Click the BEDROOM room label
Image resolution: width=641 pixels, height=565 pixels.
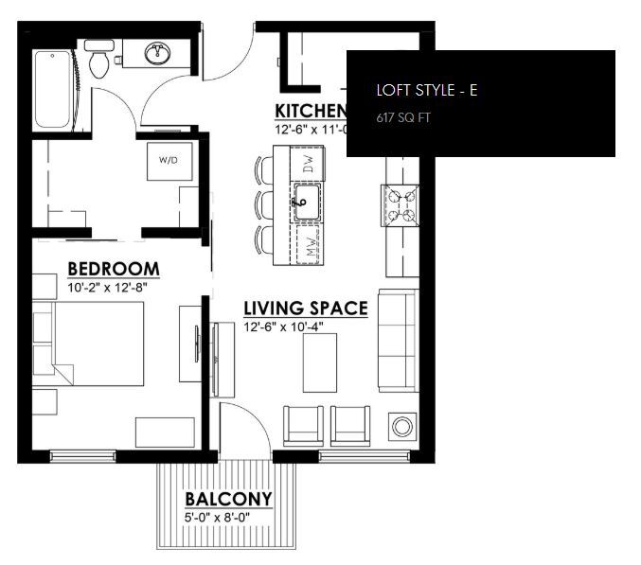pos(113,269)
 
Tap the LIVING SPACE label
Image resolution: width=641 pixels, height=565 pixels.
pos(306,309)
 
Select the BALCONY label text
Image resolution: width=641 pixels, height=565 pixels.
pos(228,499)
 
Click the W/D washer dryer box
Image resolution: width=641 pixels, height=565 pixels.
pos(169,160)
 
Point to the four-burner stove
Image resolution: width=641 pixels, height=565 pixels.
pos(400,203)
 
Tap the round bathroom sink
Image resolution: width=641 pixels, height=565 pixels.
pos(158,53)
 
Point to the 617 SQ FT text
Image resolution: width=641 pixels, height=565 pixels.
pos(402,118)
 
